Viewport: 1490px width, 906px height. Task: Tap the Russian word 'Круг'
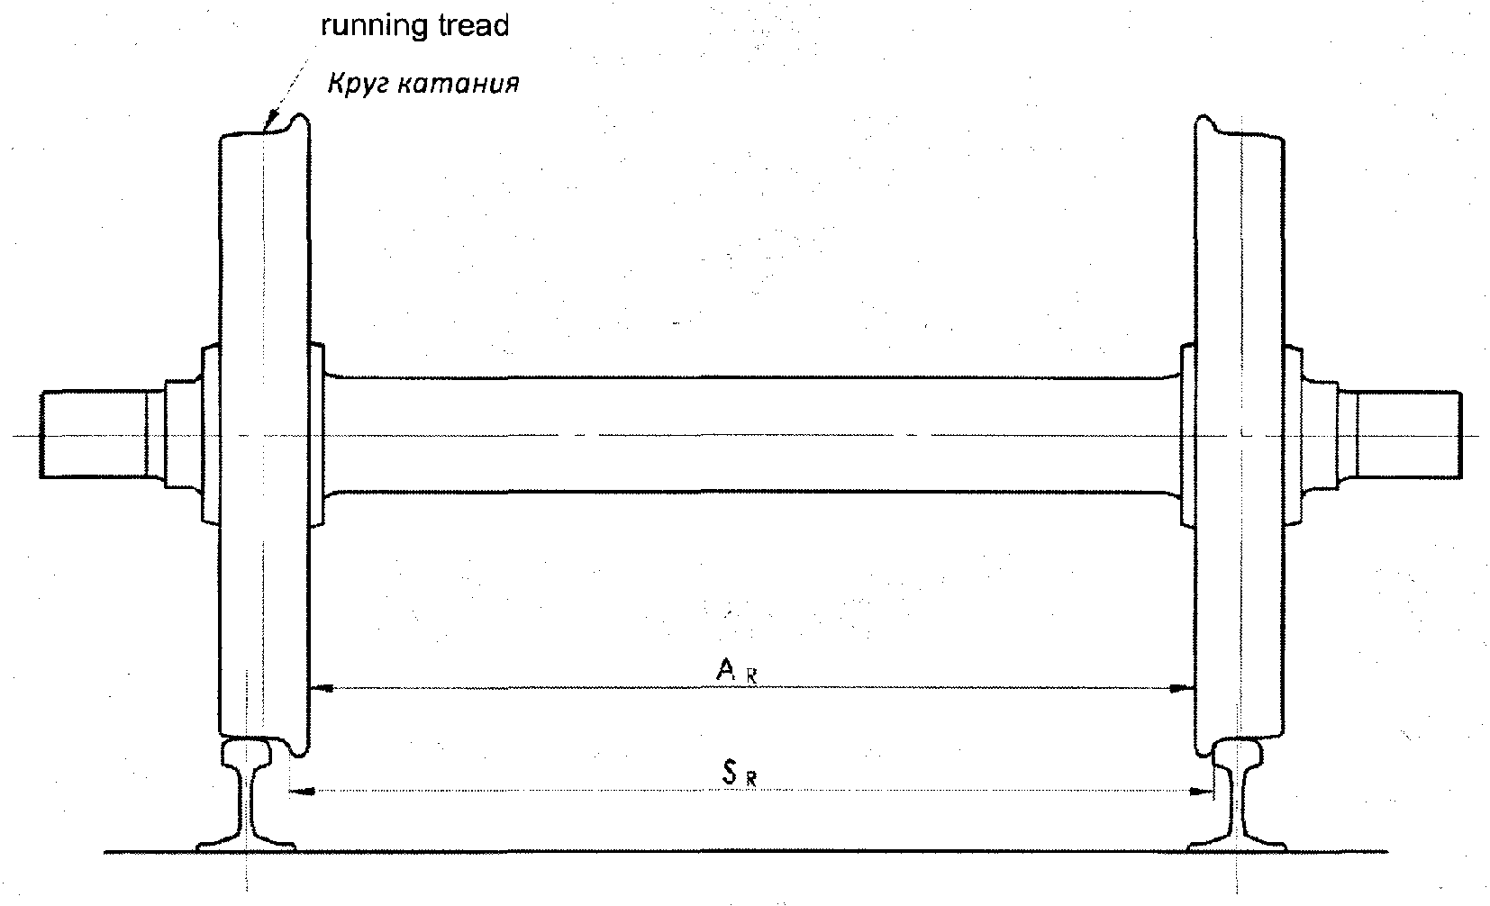point(359,85)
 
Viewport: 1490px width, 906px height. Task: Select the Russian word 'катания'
point(459,85)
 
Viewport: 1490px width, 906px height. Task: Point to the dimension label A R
point(737,670)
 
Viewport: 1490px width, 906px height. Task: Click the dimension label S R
point(740,774)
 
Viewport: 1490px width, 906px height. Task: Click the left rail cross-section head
point(247,752)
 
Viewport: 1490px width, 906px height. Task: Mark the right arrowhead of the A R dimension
point(1183,688)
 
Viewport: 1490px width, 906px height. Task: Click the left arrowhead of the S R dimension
point(303,792)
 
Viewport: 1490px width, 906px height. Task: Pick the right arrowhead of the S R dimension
point(1202,792)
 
